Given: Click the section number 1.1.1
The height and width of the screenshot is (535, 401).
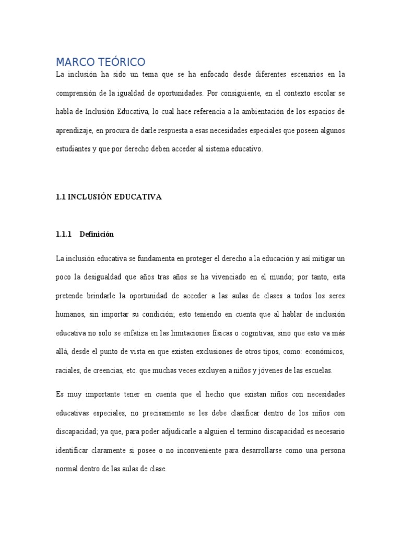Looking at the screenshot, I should point(64,235).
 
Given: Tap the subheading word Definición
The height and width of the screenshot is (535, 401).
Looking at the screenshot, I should point(97,235).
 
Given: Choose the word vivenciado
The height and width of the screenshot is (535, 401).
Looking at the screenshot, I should point(221,277).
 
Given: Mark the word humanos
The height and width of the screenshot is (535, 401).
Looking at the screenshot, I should point(70,315).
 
